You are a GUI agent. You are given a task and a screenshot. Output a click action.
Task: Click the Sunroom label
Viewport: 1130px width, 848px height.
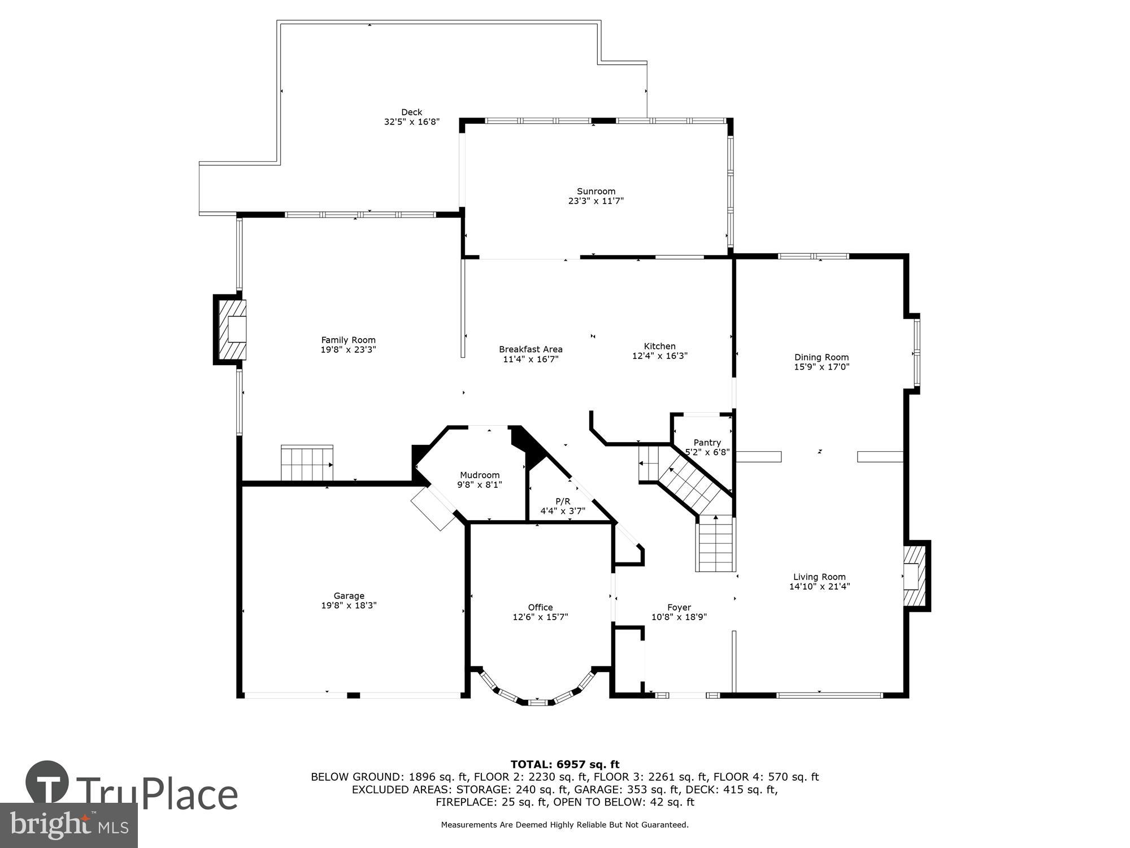[596, 191]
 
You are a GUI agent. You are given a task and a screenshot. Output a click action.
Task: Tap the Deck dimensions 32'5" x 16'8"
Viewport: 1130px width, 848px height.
[411, 122]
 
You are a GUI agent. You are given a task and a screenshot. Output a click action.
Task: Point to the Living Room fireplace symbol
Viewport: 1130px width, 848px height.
[914, 576]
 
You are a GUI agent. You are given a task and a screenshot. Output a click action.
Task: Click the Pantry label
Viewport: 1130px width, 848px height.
[707, 443]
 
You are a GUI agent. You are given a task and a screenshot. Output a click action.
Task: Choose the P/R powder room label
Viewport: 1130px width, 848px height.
[563, 501]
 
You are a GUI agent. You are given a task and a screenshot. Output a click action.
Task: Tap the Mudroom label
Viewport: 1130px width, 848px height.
[479, 475]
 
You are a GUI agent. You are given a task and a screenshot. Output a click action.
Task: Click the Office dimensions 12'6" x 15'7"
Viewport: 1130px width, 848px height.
[540, 617]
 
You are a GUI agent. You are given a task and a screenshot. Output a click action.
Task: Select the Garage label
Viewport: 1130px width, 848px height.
[349, 595]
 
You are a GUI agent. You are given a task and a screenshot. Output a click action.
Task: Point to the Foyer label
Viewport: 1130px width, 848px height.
[679, 607]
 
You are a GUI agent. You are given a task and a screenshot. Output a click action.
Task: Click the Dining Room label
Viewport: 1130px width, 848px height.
[822, 357]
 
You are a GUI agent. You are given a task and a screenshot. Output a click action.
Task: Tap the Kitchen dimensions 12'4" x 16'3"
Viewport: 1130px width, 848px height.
[659, 356]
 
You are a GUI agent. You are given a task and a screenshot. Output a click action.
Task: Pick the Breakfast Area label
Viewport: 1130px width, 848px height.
[531, 349]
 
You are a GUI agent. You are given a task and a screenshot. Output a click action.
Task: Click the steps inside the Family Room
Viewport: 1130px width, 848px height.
[307, 463]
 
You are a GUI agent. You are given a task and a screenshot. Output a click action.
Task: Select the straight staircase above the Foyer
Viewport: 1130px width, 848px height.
[716, 544]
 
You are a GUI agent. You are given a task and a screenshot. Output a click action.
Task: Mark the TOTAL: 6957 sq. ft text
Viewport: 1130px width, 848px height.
[565, 764]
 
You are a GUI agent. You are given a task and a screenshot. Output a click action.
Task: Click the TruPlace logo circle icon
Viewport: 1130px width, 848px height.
[47, 783]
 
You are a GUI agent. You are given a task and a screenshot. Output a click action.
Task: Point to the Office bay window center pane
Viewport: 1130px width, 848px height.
[537, 702]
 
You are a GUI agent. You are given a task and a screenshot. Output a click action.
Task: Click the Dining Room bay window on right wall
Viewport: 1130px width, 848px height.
[916, 353]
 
